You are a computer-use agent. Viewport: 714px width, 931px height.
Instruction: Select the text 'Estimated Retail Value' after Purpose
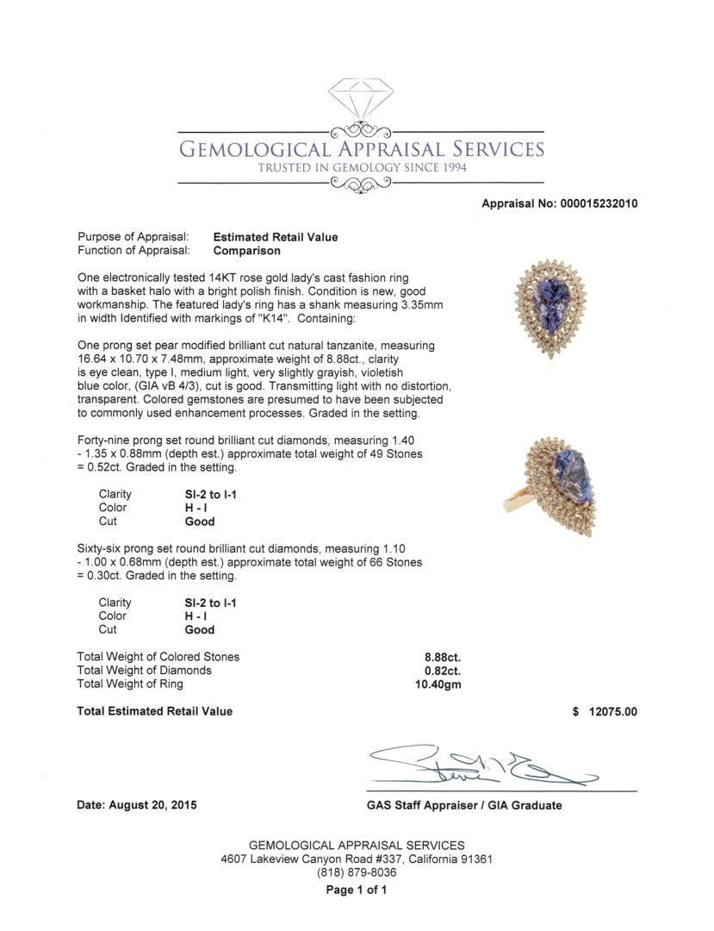point(275,237)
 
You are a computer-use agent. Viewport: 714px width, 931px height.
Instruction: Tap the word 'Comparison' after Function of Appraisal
point(246,251)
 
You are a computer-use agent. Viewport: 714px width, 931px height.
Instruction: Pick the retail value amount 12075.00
point(612,712)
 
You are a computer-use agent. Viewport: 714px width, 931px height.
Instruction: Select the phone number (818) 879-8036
point(357,872)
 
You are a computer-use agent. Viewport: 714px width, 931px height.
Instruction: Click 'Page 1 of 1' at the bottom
point(357,890)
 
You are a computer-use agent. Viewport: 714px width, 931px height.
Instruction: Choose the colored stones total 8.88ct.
point(438,657)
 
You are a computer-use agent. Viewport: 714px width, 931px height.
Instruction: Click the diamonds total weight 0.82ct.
point(438,671)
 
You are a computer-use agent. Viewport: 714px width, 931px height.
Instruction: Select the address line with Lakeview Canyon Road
point(357,859)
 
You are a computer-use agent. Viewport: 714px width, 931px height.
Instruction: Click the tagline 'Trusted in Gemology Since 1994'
point(362,167)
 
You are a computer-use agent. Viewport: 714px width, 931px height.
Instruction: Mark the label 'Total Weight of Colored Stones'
point(158,657)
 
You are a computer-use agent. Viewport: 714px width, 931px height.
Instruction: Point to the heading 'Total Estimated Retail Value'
point(155,712)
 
